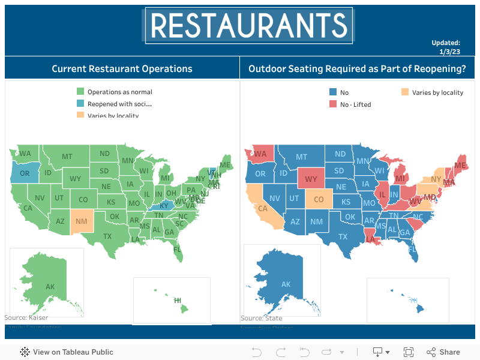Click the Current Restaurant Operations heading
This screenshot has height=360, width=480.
[x=122, y=68]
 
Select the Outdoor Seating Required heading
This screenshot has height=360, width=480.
[x=357, y=68]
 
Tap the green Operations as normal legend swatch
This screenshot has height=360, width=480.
[x=80, y=92]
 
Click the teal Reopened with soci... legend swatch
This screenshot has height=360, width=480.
[x=80, y=104]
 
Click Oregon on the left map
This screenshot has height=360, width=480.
[x=24, y=173]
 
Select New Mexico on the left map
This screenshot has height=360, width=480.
[x=82, y=221]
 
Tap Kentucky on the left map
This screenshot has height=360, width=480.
[x=163, y=206]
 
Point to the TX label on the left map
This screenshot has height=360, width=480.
[x=107, y=236]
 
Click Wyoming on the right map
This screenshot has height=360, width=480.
[x=311, y=179]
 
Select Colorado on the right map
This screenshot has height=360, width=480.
[x=319, y=199]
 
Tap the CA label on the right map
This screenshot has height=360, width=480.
[x=262, y=209]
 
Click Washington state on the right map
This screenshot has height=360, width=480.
[x=260, y=154]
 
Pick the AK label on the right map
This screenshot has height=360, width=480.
[x=286, y=284]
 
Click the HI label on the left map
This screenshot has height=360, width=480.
[x=178, y=300]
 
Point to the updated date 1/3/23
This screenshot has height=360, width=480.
[x=449, y=52]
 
